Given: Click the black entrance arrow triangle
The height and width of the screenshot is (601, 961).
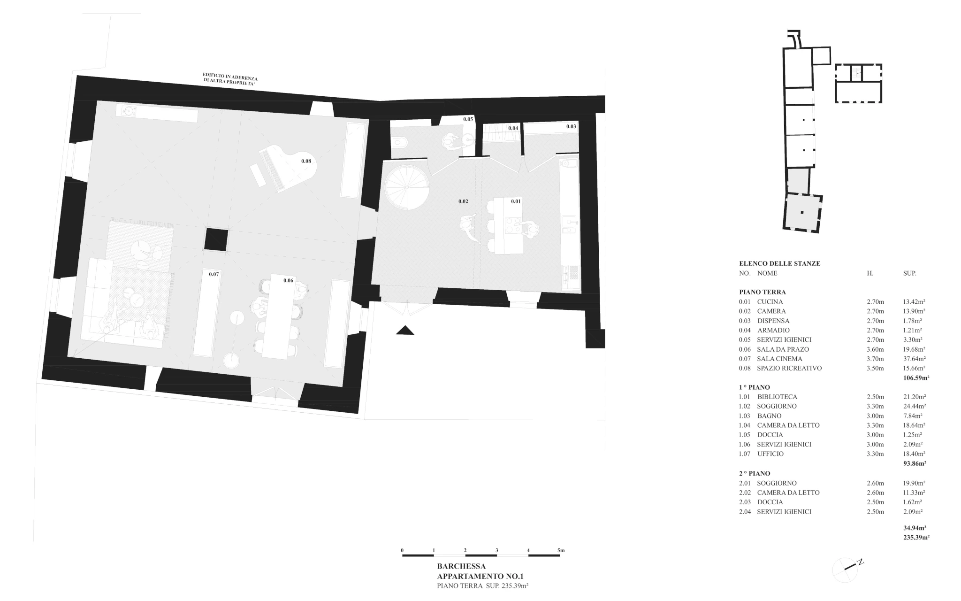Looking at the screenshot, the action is (405, 331).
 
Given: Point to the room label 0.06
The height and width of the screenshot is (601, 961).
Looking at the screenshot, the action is (288, 280).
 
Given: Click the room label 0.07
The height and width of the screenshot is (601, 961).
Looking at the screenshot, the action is (214, 274).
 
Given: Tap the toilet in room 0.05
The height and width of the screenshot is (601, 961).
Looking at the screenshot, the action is (399, 141).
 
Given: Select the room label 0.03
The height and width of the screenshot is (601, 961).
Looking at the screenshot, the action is (571, 126).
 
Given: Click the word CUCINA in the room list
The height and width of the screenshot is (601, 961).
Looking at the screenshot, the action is (770, 301).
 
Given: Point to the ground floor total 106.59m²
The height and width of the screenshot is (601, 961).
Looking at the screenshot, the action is (916, 378).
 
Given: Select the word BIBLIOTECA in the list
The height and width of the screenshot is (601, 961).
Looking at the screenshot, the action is (777, 397).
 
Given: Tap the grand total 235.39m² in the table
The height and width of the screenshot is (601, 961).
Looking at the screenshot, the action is (916, 537).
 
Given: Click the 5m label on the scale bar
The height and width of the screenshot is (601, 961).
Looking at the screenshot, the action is (561, 550).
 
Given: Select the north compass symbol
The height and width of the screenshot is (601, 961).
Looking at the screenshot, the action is (847, 569).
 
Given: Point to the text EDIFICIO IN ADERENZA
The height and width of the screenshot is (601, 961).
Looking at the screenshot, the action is (230, 76).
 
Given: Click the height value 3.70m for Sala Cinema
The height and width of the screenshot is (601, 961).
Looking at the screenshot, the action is (875, 359).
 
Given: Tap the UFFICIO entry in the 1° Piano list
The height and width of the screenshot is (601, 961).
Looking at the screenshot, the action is (770, 454).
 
